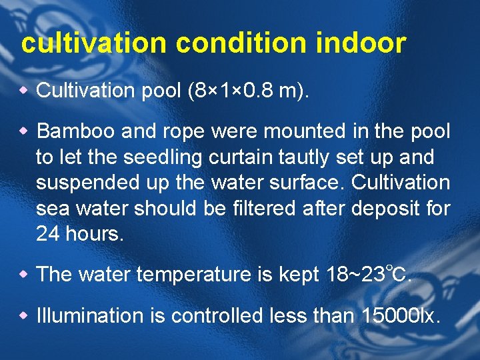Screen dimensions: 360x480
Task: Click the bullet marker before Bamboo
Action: pos(27,131)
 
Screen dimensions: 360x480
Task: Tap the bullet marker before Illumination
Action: pos(27,315)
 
